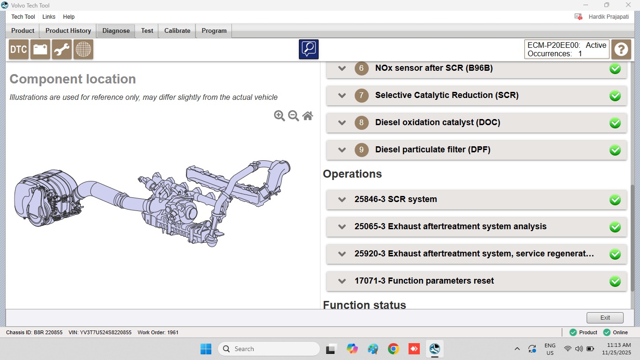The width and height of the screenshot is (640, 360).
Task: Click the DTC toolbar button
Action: point(19,50)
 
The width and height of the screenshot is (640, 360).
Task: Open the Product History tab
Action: point(68,30)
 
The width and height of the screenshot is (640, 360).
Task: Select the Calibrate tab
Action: point(177,30)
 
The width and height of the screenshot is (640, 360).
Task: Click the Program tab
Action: point(214,30)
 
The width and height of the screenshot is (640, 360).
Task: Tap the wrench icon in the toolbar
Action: point(62,50)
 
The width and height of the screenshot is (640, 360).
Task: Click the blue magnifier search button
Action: point(309,49)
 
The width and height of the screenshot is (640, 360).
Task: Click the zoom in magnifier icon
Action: point(279,116)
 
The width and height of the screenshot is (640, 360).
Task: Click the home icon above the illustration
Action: point(308,116)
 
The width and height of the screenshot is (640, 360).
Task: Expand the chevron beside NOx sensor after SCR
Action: point(342,68)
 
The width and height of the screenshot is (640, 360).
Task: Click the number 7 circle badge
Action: point(361,95)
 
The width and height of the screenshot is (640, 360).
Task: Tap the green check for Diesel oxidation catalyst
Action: point(615,123)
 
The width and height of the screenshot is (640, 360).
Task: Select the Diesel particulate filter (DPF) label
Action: point(432,150)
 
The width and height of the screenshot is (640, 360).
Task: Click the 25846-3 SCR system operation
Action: point(396,199)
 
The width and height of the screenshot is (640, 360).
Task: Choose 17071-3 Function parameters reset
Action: point(424,281)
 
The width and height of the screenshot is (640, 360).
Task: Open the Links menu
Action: point(49,17)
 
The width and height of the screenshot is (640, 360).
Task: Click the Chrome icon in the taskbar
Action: point(394,349)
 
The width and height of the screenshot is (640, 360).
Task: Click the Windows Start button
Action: point(206,349)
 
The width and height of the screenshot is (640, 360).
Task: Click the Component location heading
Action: point(73,79)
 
